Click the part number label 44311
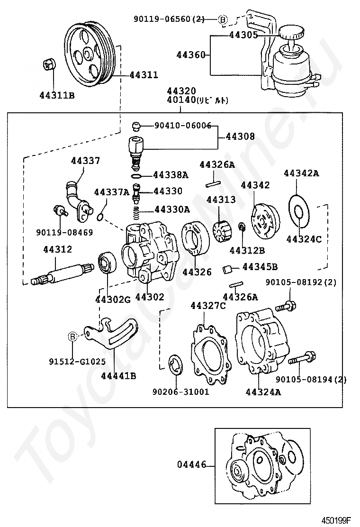[144, 74]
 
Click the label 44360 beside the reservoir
[191, 55]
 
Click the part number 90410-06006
[183, 126]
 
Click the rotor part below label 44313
[221, 229]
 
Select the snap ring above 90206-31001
[176, 363]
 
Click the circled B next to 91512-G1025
[72, 336]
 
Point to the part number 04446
[192, 465]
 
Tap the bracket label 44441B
[118, 376]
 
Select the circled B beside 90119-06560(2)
[222, 20]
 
